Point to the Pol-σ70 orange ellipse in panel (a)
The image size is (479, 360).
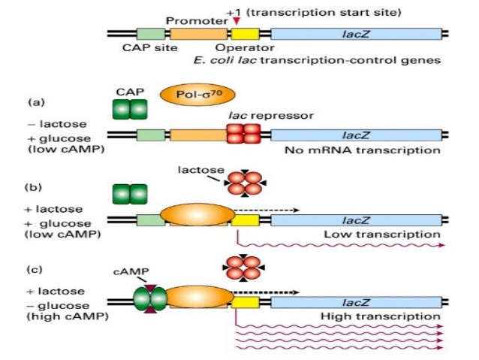tap(188, 96)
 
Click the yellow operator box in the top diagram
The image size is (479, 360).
tap(245, 35)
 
